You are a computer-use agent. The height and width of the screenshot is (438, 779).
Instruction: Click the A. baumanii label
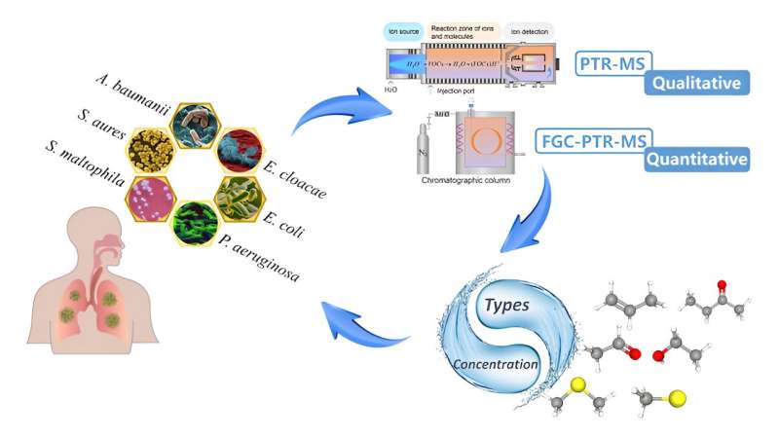[x=136, y=91]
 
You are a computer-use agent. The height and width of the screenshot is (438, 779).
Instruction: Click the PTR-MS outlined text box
[x=614, y=64]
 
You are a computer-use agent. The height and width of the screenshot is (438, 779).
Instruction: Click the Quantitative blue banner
[x=698, y=158]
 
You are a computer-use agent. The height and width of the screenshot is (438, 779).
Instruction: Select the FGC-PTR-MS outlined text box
[x=593, y=139]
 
